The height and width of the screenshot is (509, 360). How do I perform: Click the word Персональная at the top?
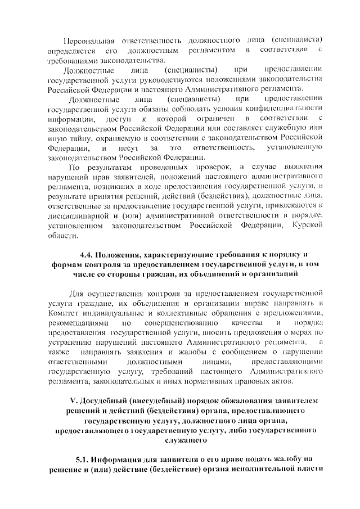pos(89,41)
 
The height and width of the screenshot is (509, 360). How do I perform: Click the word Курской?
pos(307,227)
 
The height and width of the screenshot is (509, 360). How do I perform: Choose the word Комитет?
pos(65,313)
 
